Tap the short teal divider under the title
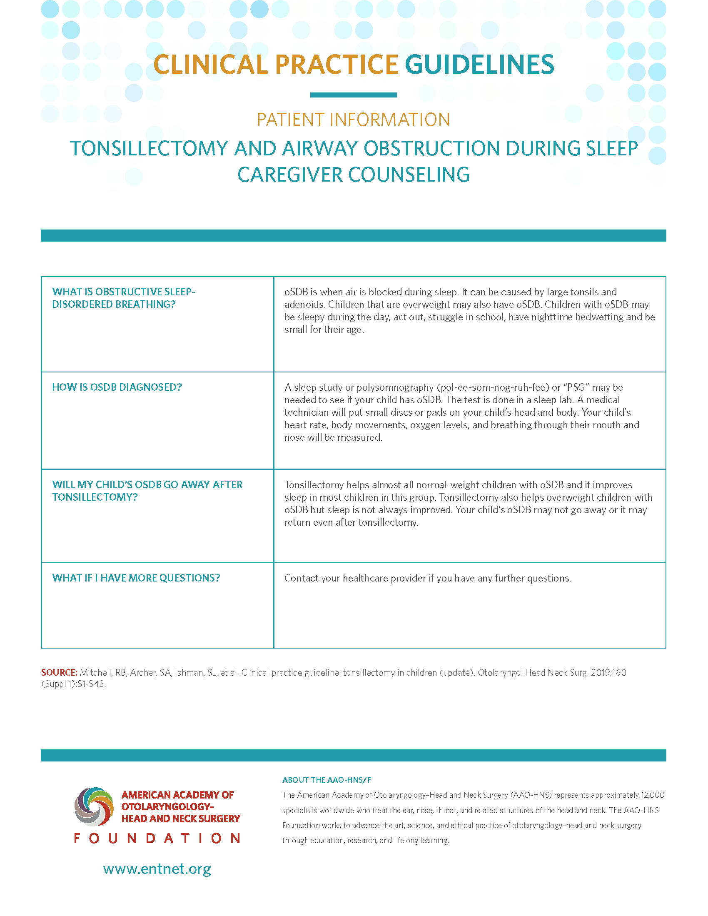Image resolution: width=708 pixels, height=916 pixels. pyautogui.click(x=353, y=95)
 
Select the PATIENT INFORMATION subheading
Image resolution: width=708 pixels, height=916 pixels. pyautogui.click(x=353, y=120)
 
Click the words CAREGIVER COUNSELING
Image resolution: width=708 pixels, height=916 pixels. pyautogui.click(x=353, y=175)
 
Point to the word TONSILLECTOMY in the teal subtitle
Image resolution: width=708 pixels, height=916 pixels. pyautogui.click(x=149, y=149)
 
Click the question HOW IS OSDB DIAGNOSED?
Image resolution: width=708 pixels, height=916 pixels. pyautogui.click(x=117, y=387)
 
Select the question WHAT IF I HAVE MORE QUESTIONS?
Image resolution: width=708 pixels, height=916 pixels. pyautogui.click(x=136, y=578)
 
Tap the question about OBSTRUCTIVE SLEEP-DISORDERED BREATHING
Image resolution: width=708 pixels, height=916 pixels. pyautogui.click(x=123, y=298)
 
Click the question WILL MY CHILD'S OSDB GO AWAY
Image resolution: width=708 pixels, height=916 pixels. pyautogui.click(x=147, y=491)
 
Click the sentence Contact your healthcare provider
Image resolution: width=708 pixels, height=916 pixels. pyautogui.click(x=427, y=578)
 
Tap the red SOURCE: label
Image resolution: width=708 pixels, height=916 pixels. pyautogui.click(x=59, y=673)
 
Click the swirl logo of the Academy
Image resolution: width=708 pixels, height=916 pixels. pyautogui.click(x=94, y=806)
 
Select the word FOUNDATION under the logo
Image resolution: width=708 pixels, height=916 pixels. pyautogui.click(x=157, y=839)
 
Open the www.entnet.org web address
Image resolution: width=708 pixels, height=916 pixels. pyautogui.click(x=157, y=869)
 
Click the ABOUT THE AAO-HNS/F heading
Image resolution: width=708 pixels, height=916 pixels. pyautogui.click(x=327, y=780)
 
